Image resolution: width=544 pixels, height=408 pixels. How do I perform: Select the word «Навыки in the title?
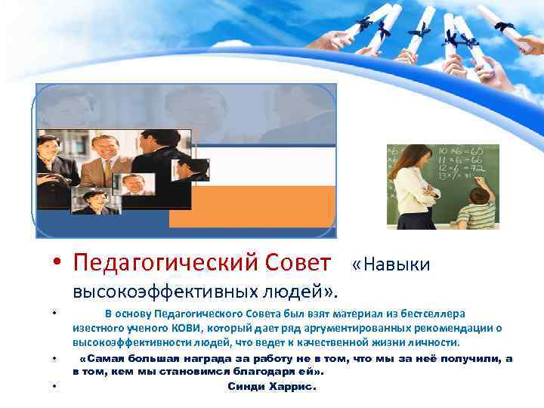tap(391, 264)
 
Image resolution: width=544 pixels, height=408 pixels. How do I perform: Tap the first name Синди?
tap(247, 386)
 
